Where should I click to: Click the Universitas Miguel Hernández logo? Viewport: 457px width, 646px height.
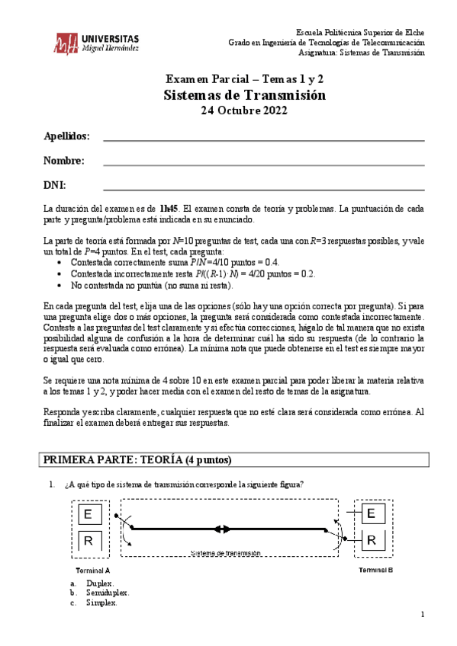96,43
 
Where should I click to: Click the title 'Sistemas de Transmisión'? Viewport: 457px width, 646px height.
244,95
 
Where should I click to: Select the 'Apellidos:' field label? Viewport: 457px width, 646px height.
66,136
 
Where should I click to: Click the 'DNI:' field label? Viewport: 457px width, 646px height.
54,185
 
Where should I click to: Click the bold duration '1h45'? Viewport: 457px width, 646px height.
169,207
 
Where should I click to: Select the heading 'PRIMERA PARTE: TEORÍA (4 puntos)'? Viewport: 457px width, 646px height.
137,460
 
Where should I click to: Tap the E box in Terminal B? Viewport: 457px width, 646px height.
371,514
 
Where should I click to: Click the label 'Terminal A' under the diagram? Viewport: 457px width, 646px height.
92,570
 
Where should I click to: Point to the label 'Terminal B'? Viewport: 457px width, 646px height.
375,570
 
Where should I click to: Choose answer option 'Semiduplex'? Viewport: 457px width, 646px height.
108,592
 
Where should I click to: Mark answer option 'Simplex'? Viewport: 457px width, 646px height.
101,602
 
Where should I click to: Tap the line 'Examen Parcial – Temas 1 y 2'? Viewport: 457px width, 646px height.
244,79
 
